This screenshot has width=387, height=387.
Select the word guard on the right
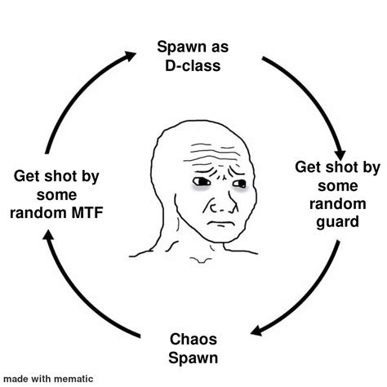(x=337, y=221)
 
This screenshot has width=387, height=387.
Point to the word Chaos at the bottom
(x=193, y=338)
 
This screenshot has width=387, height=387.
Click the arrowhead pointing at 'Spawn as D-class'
(x=130, y=55)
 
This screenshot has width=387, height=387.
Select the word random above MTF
(x=36, y=213)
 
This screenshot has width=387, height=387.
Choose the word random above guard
(x=337, y=203)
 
